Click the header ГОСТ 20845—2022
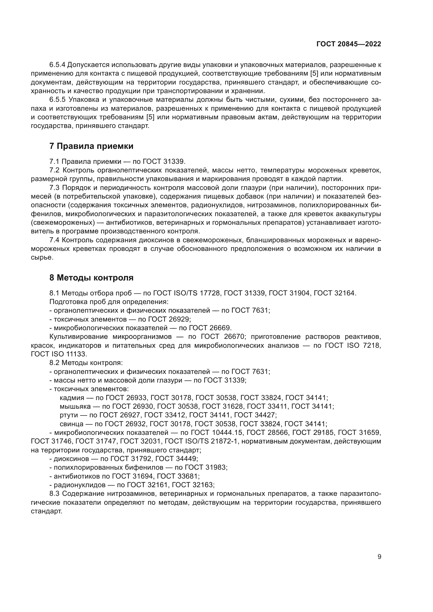tap(348, 44)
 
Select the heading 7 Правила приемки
tap(91, 146)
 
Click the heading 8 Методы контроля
tap(91, 278)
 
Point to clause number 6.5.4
tap(57, 65)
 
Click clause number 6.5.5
tap(57, 100)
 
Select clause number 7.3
tap(54, 188)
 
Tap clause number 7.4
tap(54, 240)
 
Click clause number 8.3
tap(54, 494)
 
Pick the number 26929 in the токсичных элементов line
tap(179, 319)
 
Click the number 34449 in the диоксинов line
tap(186, 459)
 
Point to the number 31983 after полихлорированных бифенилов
tap(215, 468)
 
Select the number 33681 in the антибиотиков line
tap(187, 476)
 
